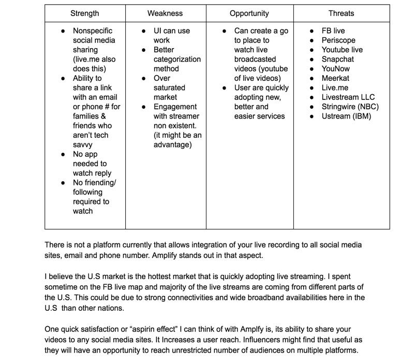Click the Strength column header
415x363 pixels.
(84, 13)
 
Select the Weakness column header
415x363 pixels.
(165, 13)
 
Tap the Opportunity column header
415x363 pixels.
(249, 13)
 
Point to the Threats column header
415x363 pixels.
(341, 13)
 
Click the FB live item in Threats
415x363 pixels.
(333, 31)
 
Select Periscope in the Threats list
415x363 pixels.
(338, 40)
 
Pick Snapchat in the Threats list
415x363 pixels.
(338, 60)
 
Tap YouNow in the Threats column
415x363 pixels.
(336, 69)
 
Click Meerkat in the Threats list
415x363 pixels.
(335, 78)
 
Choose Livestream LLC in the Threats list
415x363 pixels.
(348, 97)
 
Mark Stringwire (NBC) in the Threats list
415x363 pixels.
(350, 107)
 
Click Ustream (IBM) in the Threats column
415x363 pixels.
(346, 116)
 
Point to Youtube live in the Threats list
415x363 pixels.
(342, 50)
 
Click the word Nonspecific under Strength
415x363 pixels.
(93, 31)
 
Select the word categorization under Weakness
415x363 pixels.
(177, 60)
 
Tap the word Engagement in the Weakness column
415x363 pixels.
(175, 107)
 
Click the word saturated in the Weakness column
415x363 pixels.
(169, 88)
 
